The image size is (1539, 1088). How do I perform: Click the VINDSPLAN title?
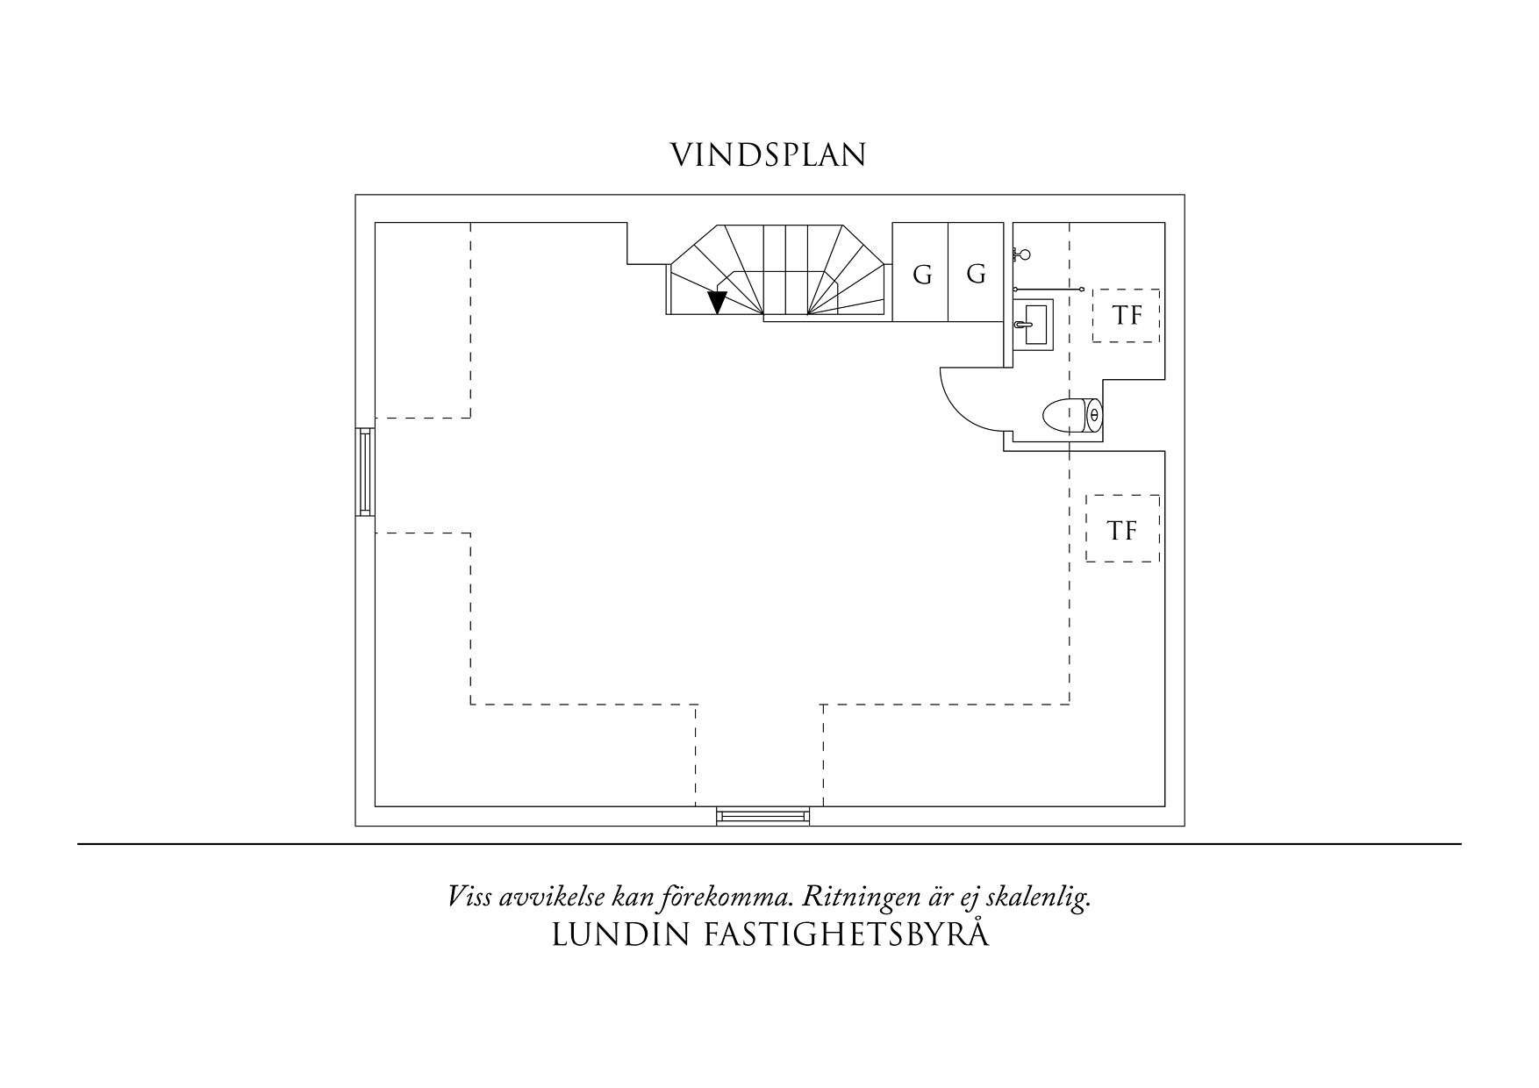[769, 154]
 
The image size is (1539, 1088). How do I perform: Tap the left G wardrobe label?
[922, 276]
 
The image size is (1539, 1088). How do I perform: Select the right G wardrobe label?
[976, 275]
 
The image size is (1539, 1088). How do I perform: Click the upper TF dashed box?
[1127, 316]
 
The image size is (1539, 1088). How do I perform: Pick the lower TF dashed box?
[1122, 529]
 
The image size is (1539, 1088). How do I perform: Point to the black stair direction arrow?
[717, 302]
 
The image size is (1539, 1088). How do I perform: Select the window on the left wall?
[365, 472]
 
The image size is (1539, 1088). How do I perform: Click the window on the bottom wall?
[762, 816]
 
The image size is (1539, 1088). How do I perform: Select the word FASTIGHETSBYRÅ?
[848, 935]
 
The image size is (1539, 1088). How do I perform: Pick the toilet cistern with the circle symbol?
[1093, 416]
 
